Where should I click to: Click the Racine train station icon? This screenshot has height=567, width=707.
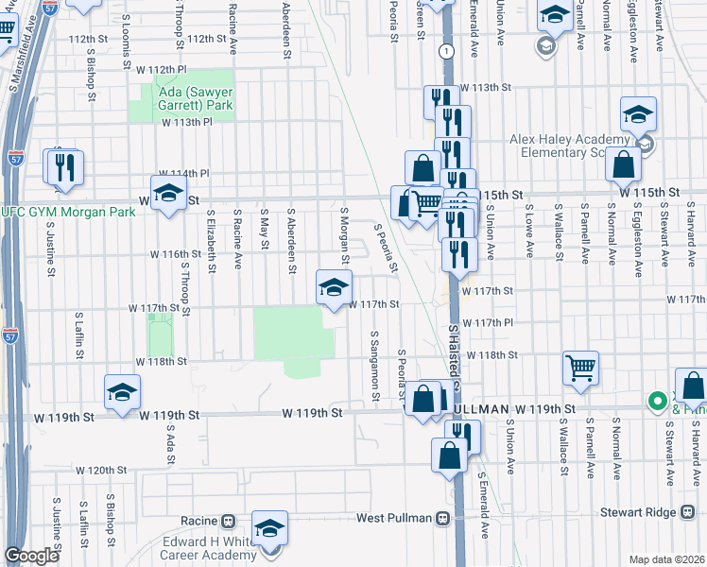pos(228,521)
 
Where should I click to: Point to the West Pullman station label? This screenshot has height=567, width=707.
pos(394,519)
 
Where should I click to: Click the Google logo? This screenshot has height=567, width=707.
pos(31,556)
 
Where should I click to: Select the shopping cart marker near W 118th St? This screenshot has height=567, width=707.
pos(580,369)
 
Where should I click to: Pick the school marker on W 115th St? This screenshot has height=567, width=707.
pos(168,195)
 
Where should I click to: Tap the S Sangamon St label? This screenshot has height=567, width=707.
pos(375,367)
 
